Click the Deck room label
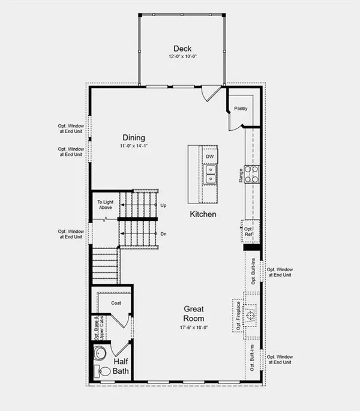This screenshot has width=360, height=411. click(182, 49)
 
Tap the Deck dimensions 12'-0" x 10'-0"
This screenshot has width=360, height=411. click(182, 57)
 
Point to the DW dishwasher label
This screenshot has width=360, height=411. click(209, 157)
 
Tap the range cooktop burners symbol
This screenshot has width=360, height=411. click(253, 174)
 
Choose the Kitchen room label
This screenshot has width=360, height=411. click(203, 214)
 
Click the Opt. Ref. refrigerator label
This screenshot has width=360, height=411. click(248, 232)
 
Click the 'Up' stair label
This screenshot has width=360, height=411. click(163, 205)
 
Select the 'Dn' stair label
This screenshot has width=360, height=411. click(163, 233)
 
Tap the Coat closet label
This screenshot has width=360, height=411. click(116, 303)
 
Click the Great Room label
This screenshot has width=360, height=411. click(194, 314)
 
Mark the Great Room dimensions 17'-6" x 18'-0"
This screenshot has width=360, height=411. click(194, 328)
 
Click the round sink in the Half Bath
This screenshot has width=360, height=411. click(100, 352)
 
